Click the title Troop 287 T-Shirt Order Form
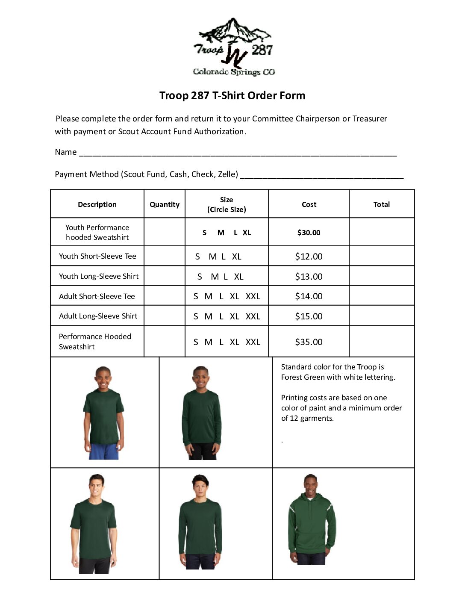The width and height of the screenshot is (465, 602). click(x=232, y=95)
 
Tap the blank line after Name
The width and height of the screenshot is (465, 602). click(x=238, y=153)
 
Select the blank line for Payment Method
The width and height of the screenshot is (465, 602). click(x=322, y=175)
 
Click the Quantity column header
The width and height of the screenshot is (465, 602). click(x=165, y=204)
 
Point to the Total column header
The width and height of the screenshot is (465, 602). click(x=381, y=204)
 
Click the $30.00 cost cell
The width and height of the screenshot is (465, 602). click(x=309, y=233)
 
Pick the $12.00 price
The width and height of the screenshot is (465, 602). click(x=309, y=257)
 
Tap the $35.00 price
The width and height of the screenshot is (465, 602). click(x=309, y=342)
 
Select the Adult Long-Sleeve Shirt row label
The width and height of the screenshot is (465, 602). click(x=98, y=316)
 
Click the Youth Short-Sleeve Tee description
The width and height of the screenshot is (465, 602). click(x=97, y=256)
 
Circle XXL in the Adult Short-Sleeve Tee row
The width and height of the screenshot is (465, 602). click(x=253, y=296)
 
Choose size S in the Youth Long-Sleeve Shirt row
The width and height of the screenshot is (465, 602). click(x=200, y=277)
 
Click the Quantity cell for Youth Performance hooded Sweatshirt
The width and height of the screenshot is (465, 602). click(x=165, y=232)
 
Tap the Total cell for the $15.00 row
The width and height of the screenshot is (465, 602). click(x=381, y=316)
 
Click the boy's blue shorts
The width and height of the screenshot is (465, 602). click(x=103, y=451)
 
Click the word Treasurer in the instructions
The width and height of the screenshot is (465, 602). click(x=370, y=118)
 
